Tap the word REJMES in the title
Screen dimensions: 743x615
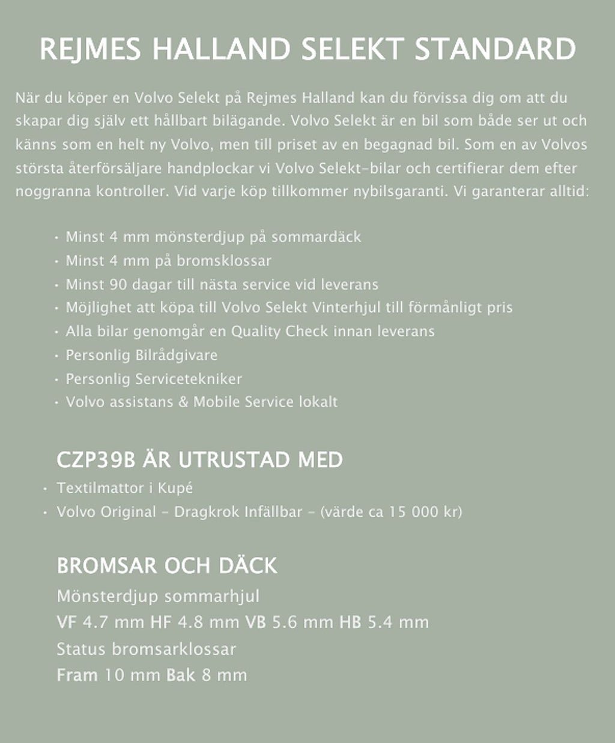pos(91,49)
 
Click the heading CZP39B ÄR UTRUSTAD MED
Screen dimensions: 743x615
pos(199,460)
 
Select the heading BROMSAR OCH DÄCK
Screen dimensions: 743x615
pos(167,565)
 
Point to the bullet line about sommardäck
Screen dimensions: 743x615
pos(213,236)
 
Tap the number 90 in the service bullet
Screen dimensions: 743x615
pos(120,284)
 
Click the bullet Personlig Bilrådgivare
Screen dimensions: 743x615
pos(141,355)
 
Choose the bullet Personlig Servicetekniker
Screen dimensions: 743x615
pos(154,379)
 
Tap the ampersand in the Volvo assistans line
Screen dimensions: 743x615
pos(183,402)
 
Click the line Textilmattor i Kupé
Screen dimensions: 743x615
pos(125,487)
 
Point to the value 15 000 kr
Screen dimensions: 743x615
pos(423,512)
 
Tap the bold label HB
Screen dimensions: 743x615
pos(350,622)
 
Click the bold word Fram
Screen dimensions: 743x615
pos(77,675)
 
